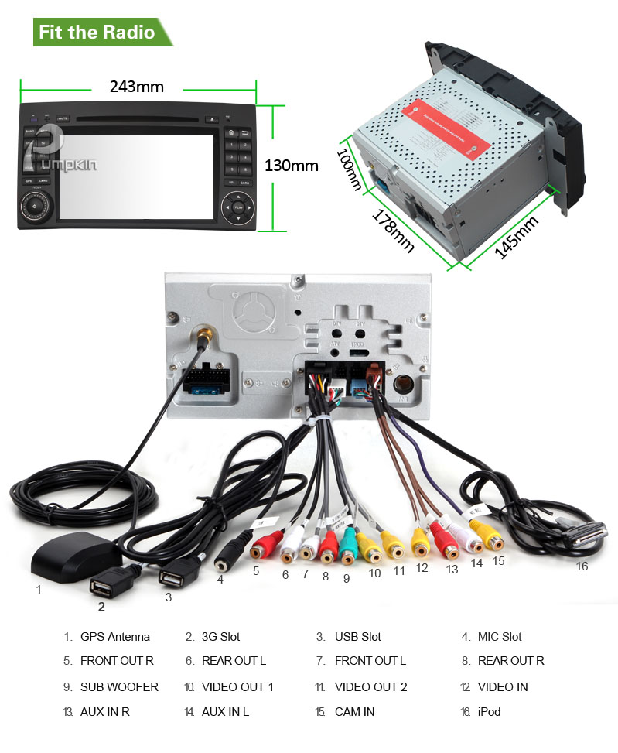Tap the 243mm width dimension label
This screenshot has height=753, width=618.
pos(136,86)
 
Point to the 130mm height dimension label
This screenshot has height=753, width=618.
pos(292,165)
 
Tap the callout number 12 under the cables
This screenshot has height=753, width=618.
pos(422,567)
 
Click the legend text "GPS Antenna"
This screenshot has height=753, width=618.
pos(115,637)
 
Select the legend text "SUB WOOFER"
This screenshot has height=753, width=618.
pos(119,686)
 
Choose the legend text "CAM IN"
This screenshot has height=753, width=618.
pos(354,711)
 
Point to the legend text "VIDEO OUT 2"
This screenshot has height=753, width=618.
pos(370,686)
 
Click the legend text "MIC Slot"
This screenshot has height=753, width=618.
pos(500,637)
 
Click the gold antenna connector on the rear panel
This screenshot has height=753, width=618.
pos(203,337)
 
